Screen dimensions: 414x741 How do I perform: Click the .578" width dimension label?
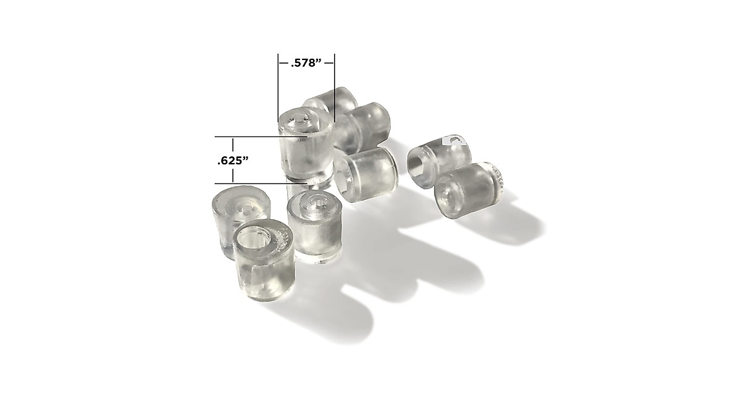(306, 63)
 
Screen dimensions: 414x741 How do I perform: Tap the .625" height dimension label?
(233, 161)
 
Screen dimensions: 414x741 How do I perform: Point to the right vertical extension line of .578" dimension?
(334, 87)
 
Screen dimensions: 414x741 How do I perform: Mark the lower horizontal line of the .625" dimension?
(247, 184)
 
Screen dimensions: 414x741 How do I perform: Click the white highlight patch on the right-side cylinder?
(450, 140)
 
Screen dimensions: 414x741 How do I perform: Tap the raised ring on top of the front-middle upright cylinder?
(316, 202)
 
